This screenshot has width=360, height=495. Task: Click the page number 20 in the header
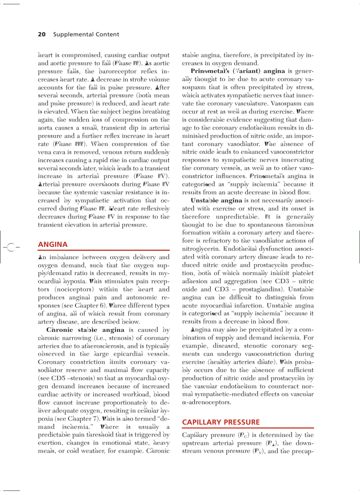(42, 34)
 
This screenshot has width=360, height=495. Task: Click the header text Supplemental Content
(86, 34)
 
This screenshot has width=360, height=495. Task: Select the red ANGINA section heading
(53, 244)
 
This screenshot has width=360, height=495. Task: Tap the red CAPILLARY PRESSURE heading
(215, 422)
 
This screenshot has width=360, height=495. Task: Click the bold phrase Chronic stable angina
(86, 330)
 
